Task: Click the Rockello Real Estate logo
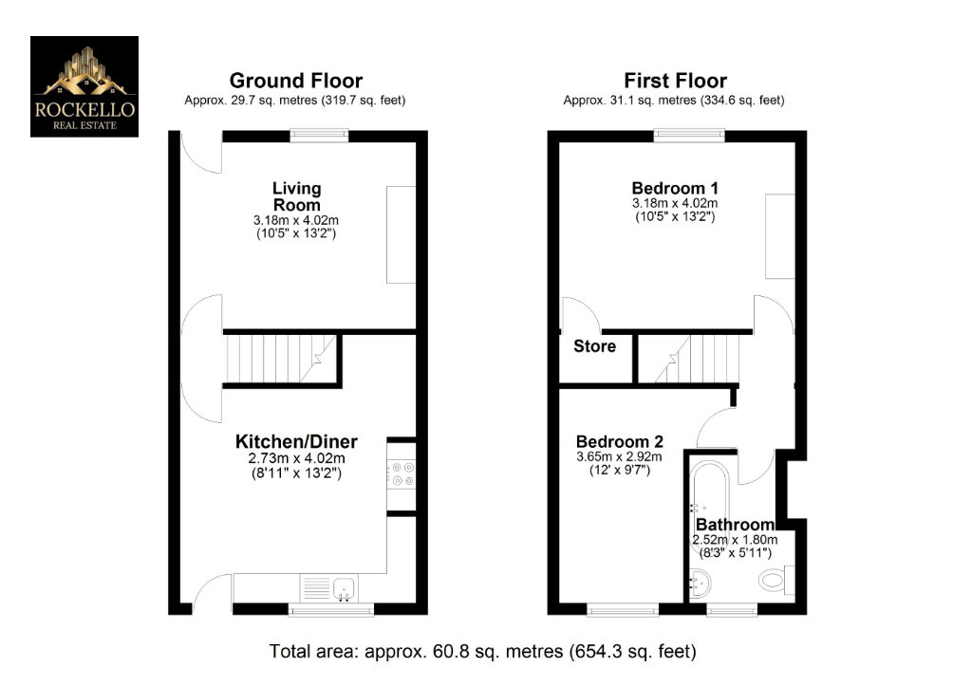coord(84,86)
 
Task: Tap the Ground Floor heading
coord(295,81)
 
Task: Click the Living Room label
coord(296,196)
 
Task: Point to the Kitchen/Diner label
coord(296,441)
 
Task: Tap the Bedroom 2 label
coord(620,441)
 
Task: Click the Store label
coord(594,346)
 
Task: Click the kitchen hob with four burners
coord(401,473)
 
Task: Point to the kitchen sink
coord(342,588)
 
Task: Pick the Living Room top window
coord(319,136)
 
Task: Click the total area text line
coord(483,652)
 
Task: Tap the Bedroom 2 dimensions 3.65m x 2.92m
coord(620,456)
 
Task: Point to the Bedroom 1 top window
coord(689,136)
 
